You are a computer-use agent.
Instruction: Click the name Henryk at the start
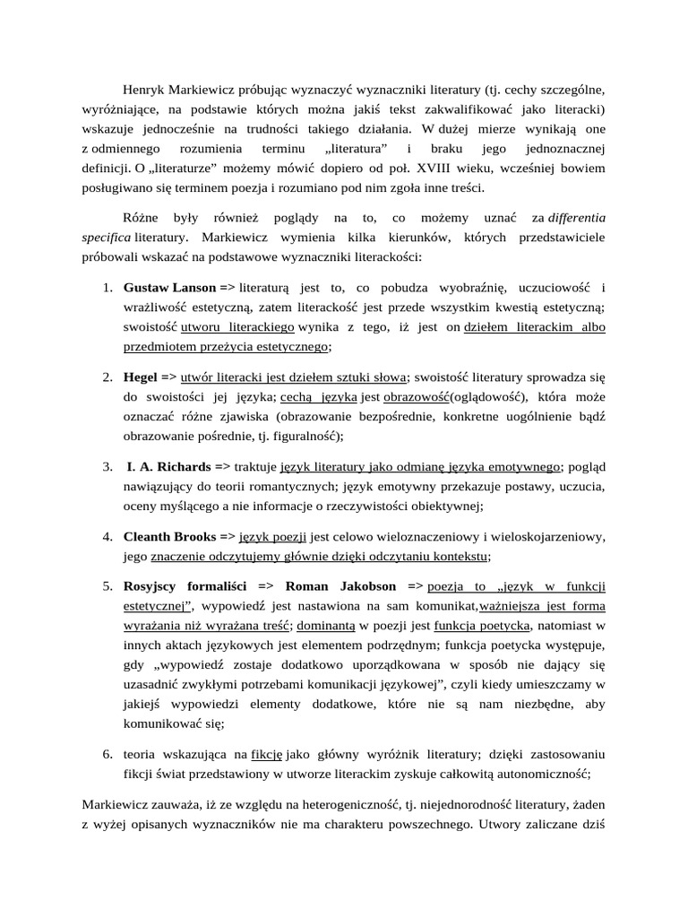144,91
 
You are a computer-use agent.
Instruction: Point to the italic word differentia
577,217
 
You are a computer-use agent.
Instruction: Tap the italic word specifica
107,237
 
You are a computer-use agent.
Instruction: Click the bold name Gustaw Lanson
169,288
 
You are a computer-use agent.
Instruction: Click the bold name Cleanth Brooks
170,536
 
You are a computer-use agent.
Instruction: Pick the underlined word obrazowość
417,396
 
